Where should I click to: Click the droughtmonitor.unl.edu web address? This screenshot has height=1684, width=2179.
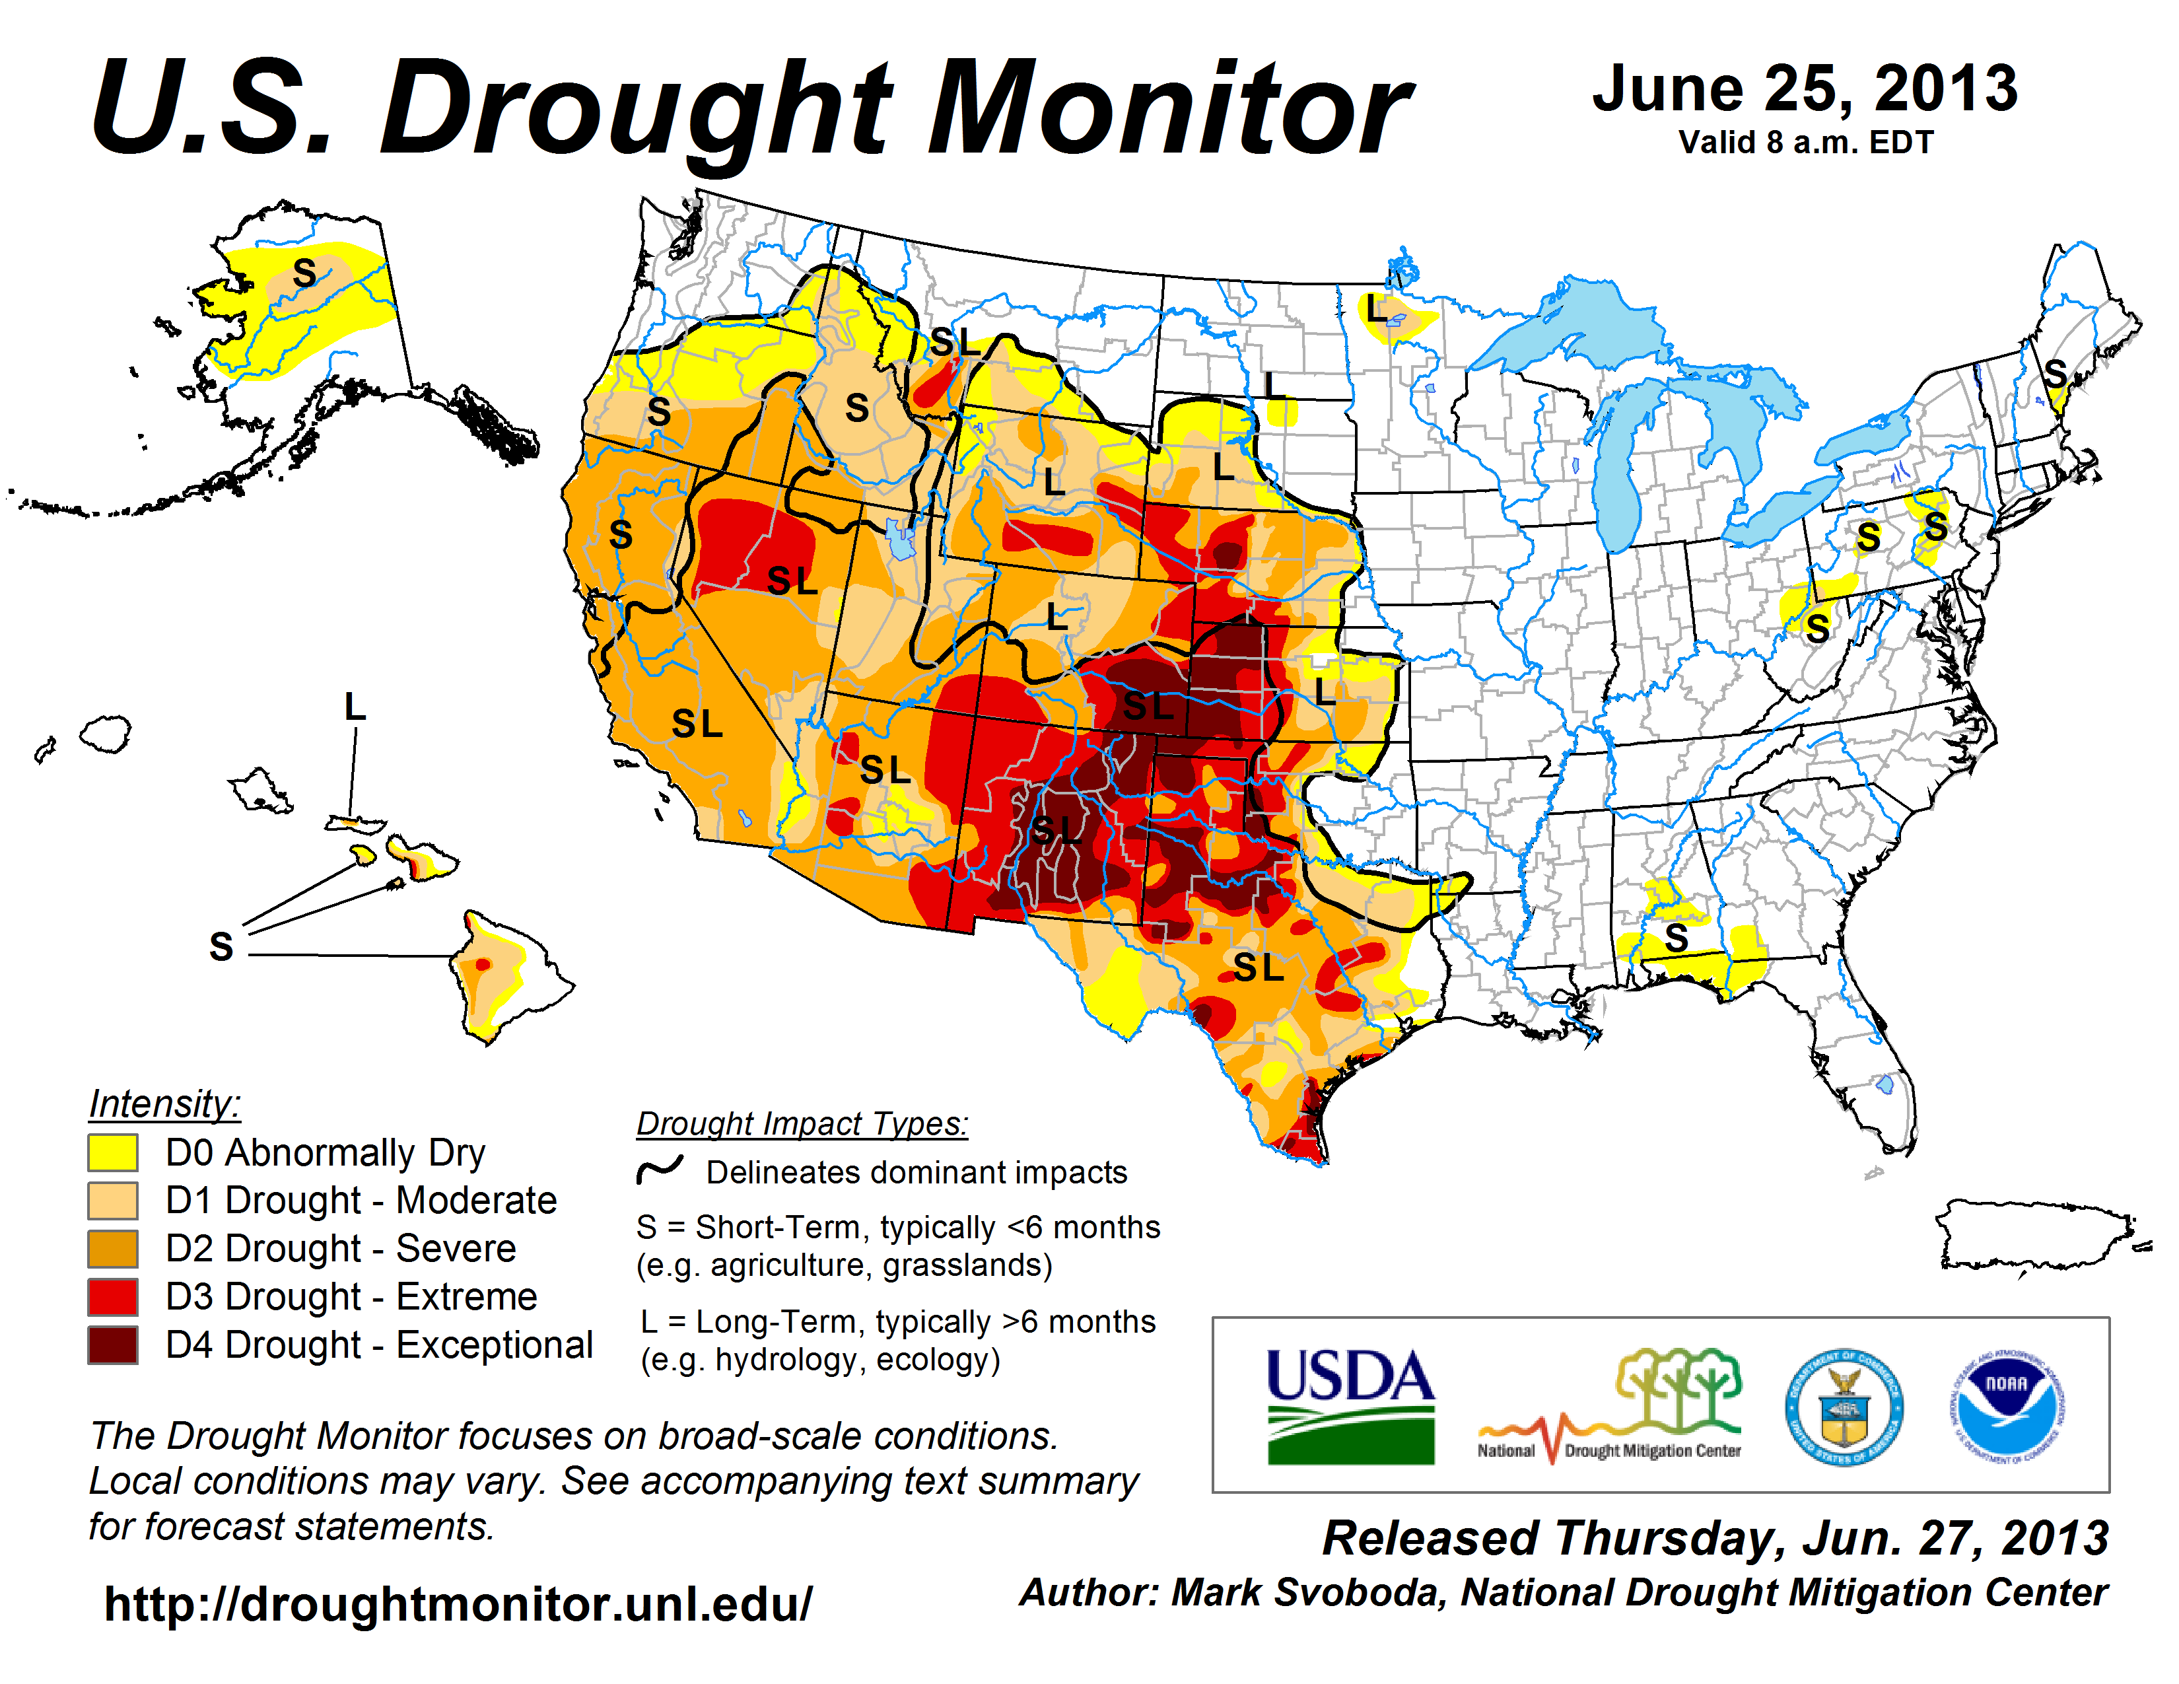pos(458,1604)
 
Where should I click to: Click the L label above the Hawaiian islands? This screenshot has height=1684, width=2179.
pos(354,707)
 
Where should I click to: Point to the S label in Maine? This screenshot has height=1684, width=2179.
pos(2056,374)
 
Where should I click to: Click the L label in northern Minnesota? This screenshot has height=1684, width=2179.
pos(1377,308)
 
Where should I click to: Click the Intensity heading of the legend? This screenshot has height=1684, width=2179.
pos(164,1104)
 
